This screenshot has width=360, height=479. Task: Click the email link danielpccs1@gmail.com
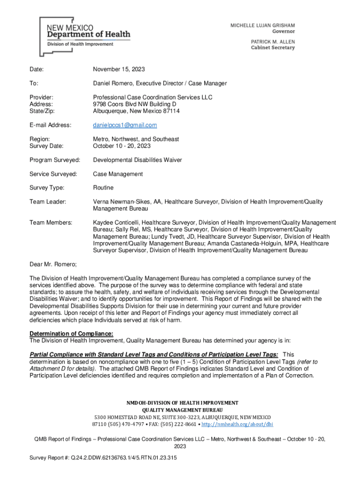click(125, 125)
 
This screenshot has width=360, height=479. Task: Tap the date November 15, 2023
click(119, 69)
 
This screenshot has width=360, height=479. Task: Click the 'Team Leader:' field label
click(48, 202)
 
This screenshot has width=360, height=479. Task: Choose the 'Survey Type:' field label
click(47, 188)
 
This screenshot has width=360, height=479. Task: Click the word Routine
click(103, 188)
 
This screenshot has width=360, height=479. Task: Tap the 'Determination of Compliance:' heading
click(72, 334)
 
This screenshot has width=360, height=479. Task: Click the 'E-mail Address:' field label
click(50, 125)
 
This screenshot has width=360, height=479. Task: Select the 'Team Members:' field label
click(50, 223)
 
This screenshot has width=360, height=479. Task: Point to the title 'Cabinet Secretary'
click(273, 48)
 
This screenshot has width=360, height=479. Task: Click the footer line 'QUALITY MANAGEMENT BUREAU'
click(180, 410)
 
